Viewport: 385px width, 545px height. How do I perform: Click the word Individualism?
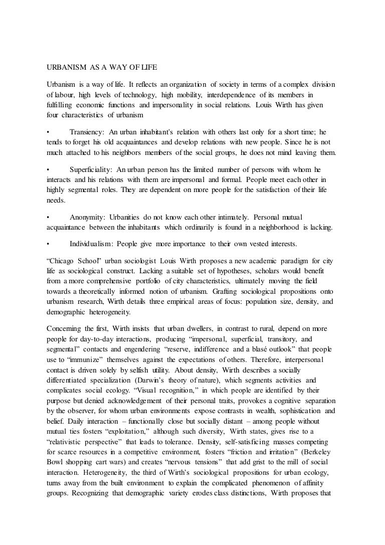(x=91, y=244)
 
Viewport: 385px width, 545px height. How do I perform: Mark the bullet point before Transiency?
(x=47, y=132)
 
